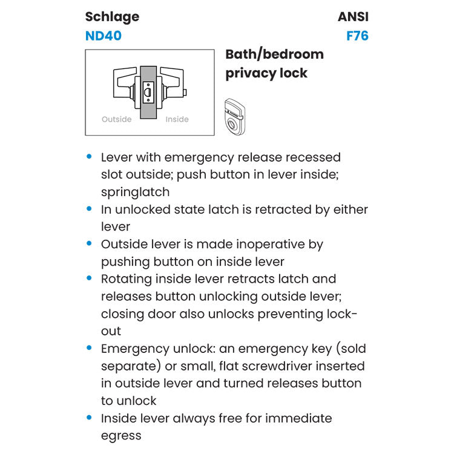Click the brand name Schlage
(x=112, y=17)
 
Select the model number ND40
(x=104, y=36)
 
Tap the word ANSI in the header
(x=353, y=17)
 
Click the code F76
(x=357, y=36)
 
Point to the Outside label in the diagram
(x=116, y=119)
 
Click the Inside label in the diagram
(x=177, y=119)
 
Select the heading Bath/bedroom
(x=274, y=54)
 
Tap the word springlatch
(x=135, y=192)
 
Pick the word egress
(x=121, y=436)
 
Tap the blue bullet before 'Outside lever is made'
(x=90, y=244)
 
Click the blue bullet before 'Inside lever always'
(x=90, y=418)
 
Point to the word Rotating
(x=127, y=279)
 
